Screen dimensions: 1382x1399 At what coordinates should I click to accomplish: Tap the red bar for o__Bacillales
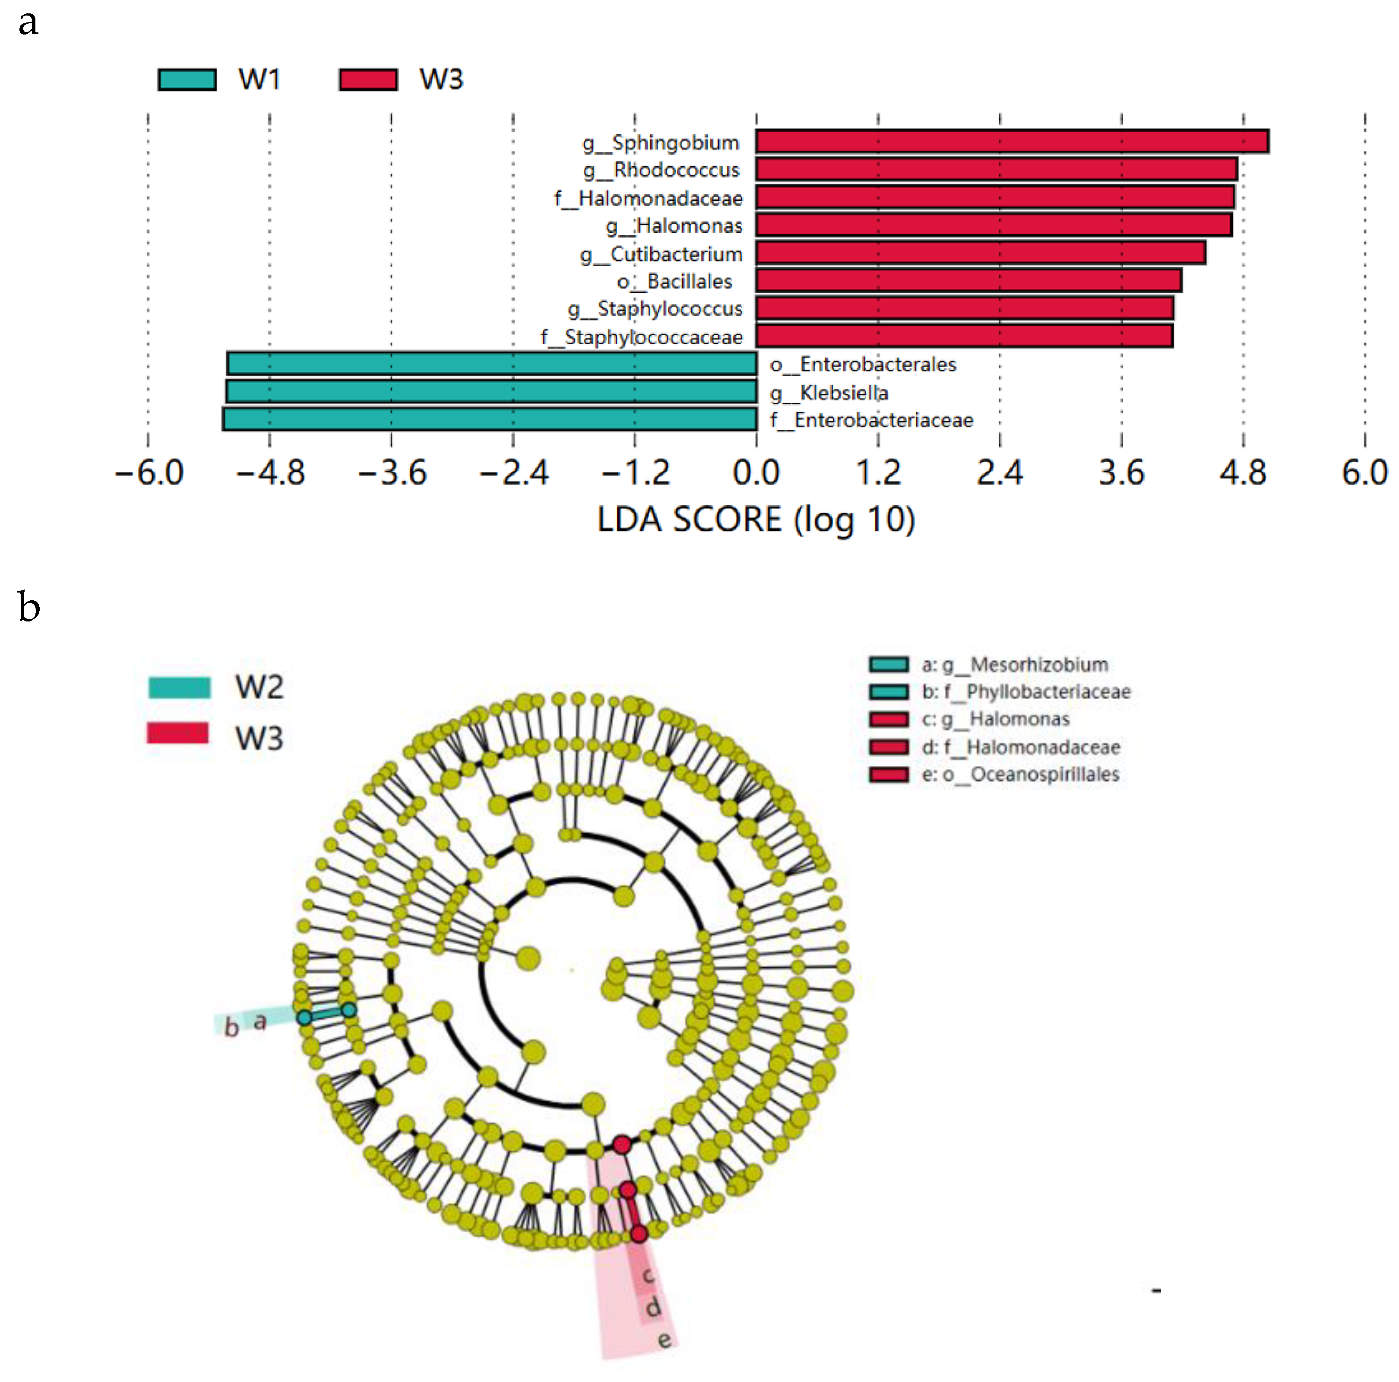click(968, 280)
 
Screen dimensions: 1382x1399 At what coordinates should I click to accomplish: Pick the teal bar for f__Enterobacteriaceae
click(490, 419)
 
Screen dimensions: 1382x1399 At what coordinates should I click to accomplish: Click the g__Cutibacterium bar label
click(661, 254)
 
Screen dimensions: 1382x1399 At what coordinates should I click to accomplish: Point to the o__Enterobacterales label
click(862, 365)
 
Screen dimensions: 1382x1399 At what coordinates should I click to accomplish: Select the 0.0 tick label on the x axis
click(756, 473)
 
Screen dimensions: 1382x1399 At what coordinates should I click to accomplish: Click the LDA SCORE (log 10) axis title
click(756, 520)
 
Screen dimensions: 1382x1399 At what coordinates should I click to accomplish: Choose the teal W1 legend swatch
click(187, 79)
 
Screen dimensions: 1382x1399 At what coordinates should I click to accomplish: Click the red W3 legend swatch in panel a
click(368, 79)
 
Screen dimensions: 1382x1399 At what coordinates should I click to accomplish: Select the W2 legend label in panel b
click(259, 687)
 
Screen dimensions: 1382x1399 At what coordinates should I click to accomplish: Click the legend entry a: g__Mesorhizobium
click(1014, 664)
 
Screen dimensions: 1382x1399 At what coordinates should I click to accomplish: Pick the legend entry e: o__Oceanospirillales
click(1019, 774)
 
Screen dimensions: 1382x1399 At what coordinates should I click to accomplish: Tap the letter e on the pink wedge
click(664, 1340)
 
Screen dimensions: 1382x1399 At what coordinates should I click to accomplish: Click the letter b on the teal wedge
click(231, 1027)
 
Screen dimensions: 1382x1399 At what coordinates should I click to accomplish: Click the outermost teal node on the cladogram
click(304, 1017)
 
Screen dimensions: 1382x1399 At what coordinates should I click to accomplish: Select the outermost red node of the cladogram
click(638, 1233)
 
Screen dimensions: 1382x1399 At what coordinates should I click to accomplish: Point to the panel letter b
click(29, 606)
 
